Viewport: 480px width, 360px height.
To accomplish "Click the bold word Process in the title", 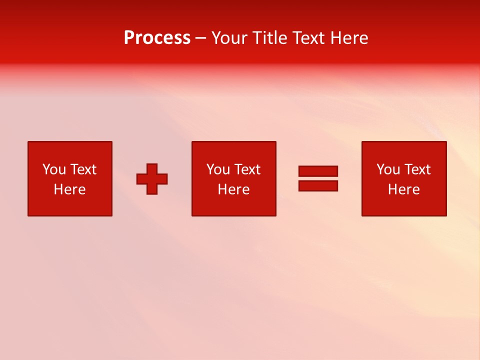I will point(157,38).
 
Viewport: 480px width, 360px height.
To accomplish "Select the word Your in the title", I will point(230,38).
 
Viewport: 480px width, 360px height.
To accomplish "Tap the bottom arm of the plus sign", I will point(152,189).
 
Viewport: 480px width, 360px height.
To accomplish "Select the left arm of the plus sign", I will point(141,179).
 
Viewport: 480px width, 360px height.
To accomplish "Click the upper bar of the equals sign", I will point(318,171).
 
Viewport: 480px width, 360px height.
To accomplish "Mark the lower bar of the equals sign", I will point(318,186).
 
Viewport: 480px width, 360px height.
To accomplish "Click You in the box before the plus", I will point(54,169).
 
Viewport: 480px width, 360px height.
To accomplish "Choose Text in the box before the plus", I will point(82,169).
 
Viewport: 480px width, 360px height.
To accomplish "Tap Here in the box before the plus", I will point(69,189).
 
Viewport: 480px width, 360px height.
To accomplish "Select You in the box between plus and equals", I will point(218,169).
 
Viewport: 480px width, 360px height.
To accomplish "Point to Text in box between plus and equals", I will point(246,169).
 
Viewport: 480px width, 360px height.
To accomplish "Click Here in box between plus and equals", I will point(233,189).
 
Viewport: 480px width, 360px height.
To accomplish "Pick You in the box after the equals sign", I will point(388,169).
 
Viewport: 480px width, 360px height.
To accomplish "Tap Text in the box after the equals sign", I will point(416,169).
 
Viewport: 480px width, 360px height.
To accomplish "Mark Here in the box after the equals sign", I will point(403,189).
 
